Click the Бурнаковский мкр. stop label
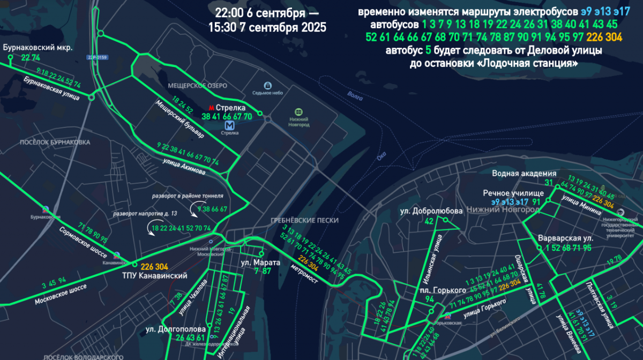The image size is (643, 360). pyautogui.click(x=38, y=47)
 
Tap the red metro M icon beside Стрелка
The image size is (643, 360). pyautogui.click(x=211, y=107)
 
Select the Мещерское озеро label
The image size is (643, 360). pyautogui.click(x=197, y=86)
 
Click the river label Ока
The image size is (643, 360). pyautogui.click(x=382, y=156)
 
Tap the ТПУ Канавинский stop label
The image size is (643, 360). pyautogui.click(x=163, y=276)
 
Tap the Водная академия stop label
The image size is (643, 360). pyautogui.click(x=524, y=174)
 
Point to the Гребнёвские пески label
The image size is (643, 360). pyautogui.click(x=303, y=221)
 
